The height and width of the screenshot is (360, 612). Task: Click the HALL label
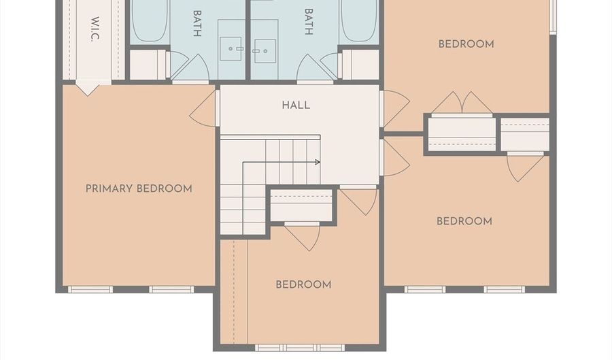[x=296, y=105]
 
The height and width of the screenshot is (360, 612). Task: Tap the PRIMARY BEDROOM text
[x=139, y=189]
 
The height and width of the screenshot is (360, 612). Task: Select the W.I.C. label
[x=95, y=29]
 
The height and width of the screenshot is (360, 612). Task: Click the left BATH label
[x=197, y=23]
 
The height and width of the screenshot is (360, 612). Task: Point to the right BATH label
[x=308, y=22]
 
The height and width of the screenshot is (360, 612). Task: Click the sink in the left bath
[x=231, y=49]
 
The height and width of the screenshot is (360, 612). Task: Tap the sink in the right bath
[x=265, y=51]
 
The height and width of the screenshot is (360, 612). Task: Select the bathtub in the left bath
[x=150, y=20]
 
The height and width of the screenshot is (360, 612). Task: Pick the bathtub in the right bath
[x=358, y=20]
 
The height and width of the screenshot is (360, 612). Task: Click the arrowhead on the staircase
[x=318, y=162]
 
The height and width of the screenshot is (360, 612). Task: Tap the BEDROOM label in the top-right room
[x=466, y=44]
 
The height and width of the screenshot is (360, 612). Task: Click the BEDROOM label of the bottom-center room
[x=304, y=284]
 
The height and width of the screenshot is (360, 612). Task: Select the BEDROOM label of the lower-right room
[x=464, y=221]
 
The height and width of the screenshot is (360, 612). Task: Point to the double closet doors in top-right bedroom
[x=462, y=103]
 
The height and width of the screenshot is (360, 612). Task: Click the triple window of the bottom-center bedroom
[x=300, y=348]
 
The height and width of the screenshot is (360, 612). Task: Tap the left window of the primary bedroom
[x=90, y=289]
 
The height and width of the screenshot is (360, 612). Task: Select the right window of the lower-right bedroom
[x=505, y=289]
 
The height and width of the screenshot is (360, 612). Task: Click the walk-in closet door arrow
[x=88, y=88]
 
